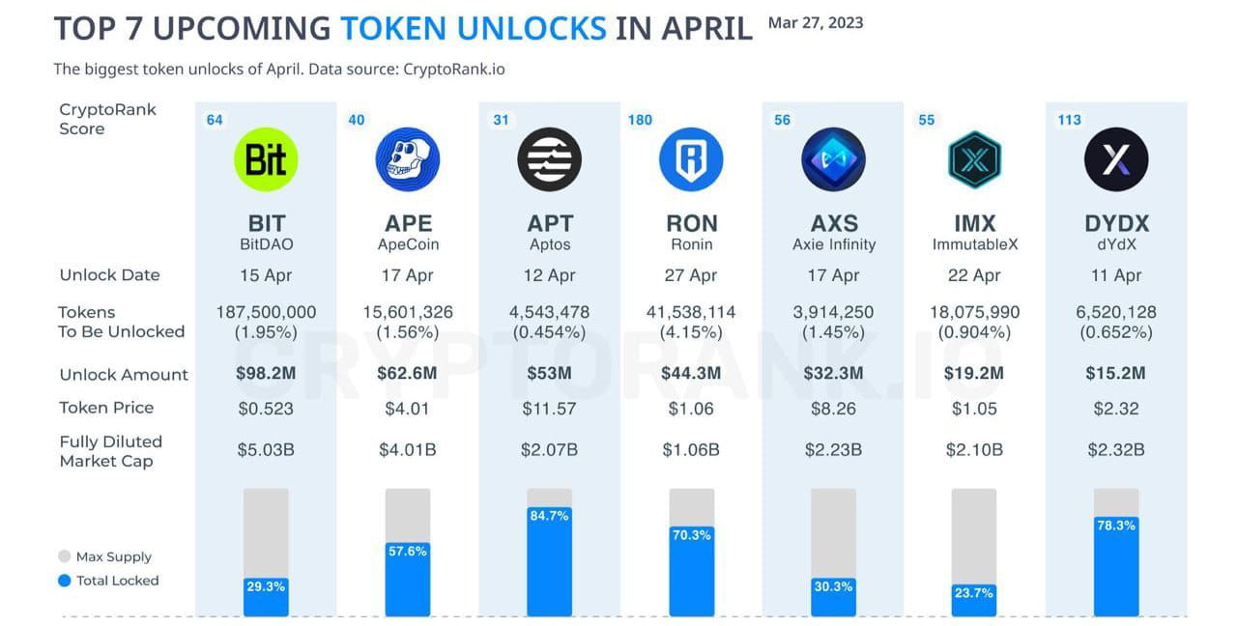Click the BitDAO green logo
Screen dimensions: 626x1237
[266, 159]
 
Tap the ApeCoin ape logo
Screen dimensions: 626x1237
[407, 159]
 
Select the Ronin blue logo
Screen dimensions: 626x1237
[691, 159]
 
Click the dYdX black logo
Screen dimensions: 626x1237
[1116, 159]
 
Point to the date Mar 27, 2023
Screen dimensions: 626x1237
[815, 22]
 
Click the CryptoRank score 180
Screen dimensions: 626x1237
[640, 120]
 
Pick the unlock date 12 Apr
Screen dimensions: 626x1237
[549, 275]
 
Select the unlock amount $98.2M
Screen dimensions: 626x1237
[266, 374]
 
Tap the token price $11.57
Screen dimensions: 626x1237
[549, 409]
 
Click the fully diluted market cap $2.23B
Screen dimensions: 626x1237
[833, 450]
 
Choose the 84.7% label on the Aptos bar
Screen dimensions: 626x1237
[549, 516]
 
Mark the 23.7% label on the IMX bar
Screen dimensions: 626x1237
[974, 593]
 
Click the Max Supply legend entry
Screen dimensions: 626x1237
[113, 556]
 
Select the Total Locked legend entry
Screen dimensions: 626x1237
[117, 581]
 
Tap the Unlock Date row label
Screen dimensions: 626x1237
[109, 275]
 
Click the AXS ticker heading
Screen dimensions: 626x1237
[833, 224]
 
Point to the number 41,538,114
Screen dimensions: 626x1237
[691, 312]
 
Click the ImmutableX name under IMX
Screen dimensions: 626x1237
[974, 244]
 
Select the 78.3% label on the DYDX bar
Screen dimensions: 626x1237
[1116, 526]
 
